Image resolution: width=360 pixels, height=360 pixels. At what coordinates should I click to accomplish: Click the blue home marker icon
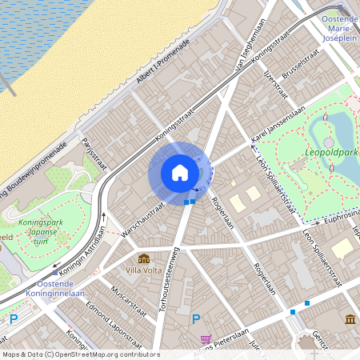(x=180, y=173)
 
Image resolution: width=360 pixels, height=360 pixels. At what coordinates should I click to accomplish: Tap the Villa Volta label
(x=145, y=270)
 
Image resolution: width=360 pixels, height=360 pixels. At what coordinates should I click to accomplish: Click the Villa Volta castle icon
(x=144, y=258)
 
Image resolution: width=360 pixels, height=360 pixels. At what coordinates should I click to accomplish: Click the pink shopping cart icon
(x=206, y=339)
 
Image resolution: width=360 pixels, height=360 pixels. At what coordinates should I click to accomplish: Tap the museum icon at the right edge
(x=350, y=320)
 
